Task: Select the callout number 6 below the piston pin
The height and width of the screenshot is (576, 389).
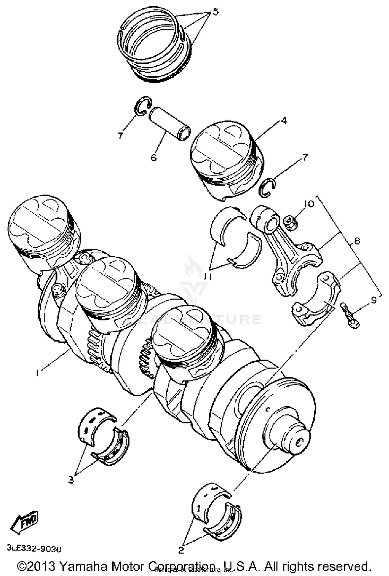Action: (x=154, y=157)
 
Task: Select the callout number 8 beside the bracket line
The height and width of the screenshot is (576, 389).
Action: (x=357, y=241)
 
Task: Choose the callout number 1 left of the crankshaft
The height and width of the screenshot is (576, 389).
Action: (x=37, y=373)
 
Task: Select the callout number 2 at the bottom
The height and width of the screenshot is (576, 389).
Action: (x=181, y=550)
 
